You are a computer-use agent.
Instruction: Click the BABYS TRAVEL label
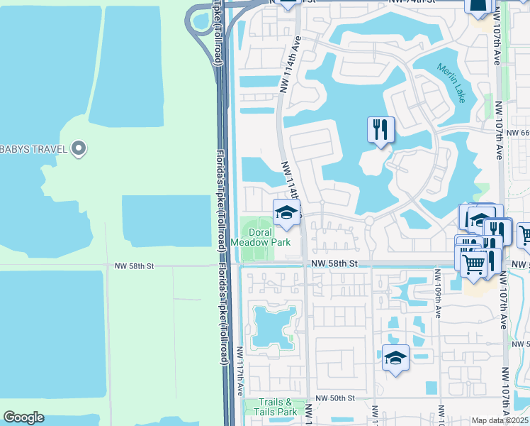click(x=33, y=148)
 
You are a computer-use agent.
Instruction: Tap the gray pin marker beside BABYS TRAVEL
click(x=79, y=148)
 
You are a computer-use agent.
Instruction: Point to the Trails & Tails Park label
click(x=278, y=407)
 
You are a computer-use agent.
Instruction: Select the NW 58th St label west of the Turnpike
click(x=134, y=266)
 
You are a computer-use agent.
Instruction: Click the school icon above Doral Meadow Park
click(x=286, y=212)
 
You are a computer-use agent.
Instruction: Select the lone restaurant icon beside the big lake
click(x=381, y=129)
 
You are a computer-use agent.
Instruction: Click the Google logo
click(x=23, y=417)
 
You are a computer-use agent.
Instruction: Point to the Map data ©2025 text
click(x=500, y=420)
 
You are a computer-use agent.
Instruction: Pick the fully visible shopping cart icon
click(x=474, y=263)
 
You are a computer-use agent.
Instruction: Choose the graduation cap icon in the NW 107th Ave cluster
click(x=481, y=219)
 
